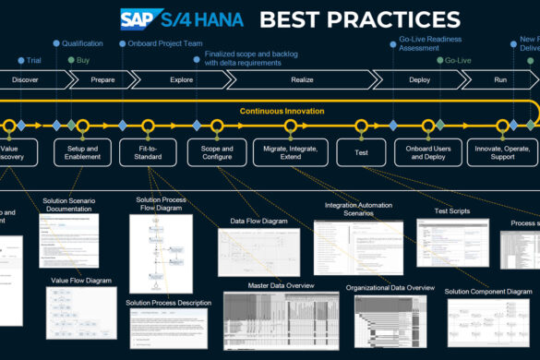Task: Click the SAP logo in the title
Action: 140,18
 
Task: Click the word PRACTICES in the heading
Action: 407,18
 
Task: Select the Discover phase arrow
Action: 26,80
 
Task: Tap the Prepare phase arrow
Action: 102,80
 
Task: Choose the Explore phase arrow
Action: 181,80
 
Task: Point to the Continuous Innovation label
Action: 282,112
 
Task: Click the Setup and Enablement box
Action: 82,151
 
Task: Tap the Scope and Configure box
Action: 216,151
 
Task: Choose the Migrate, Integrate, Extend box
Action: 290,151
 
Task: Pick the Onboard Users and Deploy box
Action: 427,151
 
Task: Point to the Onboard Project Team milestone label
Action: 162,43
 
